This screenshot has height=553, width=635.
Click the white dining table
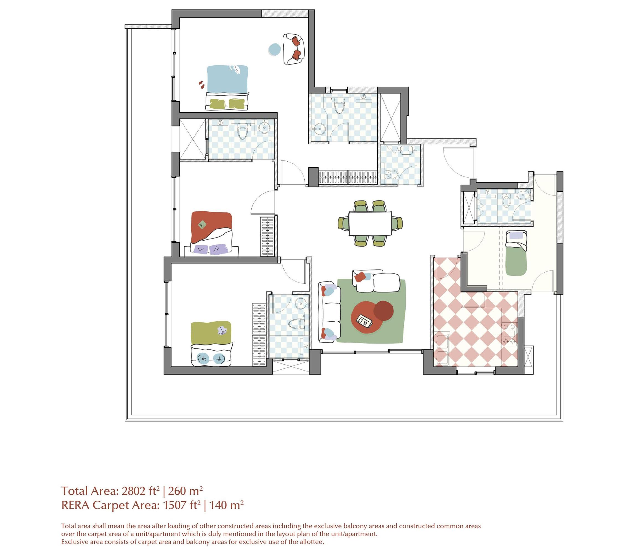coord(370,223)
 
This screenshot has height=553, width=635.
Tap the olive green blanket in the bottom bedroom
coord(211,334)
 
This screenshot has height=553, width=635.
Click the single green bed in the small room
coord(516,258)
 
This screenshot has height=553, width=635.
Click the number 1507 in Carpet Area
coord(173,505)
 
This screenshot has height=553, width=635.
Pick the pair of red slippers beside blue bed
coord(201,84)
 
